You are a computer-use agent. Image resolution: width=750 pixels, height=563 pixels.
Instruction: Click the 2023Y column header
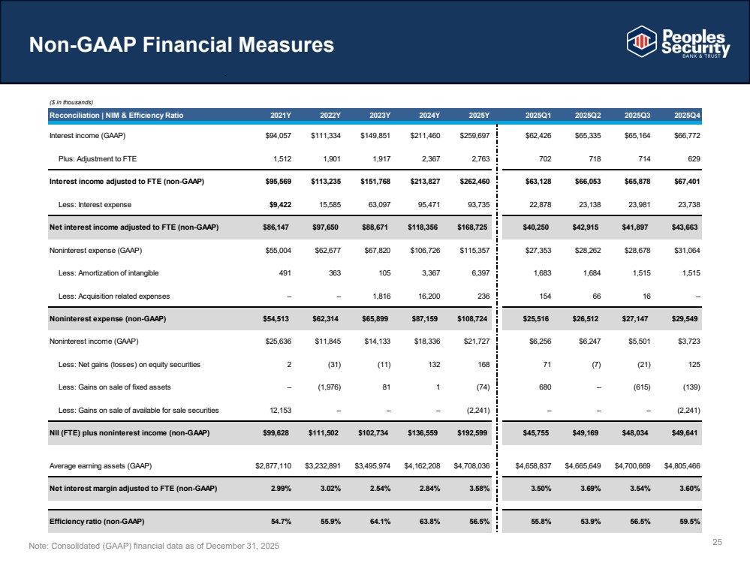(380, 116)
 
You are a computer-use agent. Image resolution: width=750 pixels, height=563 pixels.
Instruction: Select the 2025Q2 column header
(588, 116)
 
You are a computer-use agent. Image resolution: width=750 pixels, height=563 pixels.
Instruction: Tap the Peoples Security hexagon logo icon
(641, 41)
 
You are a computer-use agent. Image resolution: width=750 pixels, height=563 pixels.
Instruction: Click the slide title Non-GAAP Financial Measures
(181, 44)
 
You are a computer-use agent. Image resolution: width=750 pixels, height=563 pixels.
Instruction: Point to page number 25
(717, 542)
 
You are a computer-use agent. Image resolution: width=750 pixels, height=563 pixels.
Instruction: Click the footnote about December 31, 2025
(154, 546)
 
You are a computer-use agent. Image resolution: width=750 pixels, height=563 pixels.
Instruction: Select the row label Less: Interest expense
(95, 205)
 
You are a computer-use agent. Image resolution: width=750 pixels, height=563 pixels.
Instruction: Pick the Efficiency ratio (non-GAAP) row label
(97, 522)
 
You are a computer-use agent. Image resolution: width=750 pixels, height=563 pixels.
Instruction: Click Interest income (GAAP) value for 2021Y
(278, 135)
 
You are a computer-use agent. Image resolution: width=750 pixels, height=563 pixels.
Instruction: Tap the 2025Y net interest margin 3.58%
(479, 489)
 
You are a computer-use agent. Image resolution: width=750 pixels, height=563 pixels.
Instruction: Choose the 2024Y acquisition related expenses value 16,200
(429, 296)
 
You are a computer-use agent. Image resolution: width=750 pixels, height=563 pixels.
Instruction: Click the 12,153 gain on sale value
(280, 410)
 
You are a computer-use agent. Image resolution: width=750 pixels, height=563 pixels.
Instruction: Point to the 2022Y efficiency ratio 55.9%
(330, 522)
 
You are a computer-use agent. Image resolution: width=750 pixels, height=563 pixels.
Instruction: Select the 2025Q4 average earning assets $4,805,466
(682, 465)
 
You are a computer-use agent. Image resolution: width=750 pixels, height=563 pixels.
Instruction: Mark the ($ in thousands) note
(71, 102)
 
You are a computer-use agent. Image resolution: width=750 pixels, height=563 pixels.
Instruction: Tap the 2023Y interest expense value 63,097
(379, 205)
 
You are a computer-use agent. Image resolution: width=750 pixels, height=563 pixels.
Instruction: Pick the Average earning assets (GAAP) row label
(101, 465)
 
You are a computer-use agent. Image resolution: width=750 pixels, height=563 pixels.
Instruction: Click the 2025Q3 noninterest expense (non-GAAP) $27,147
(636, 318)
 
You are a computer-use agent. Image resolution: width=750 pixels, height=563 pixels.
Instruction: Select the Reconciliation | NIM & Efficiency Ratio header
(116, 116)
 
